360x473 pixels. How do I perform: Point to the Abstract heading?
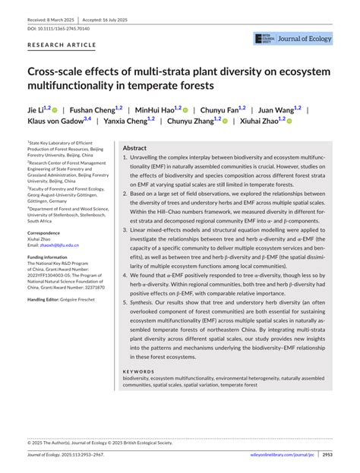134,148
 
